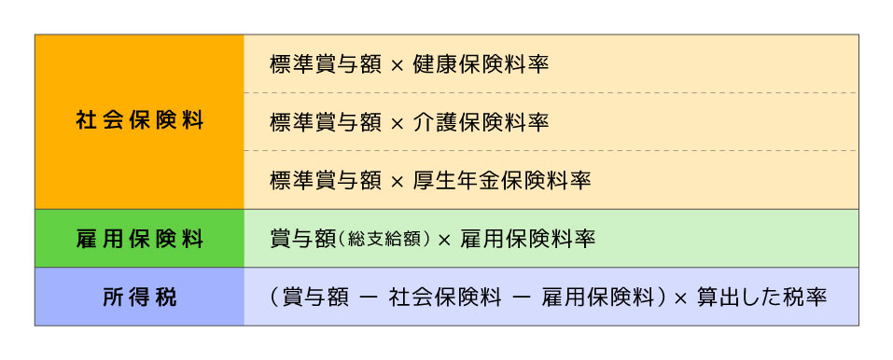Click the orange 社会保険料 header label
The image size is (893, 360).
click(x=139, y=121)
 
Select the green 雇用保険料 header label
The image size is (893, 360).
click(x=139, y=238)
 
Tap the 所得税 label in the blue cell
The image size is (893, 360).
click(x=139, y=298)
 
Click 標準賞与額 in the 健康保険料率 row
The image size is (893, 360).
click(x=325, y=65)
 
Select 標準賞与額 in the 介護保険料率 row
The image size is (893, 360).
click(x=325, y=122)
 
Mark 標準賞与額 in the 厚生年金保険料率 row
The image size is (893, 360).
click(x=325, y=179)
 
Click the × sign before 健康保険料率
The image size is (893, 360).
click(x=397, y=66)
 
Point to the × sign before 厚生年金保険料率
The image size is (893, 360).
click(x=397, y=180)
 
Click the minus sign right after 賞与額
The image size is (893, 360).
click(x=368, y=298)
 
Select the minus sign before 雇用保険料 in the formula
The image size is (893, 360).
click(x=519, y=298)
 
